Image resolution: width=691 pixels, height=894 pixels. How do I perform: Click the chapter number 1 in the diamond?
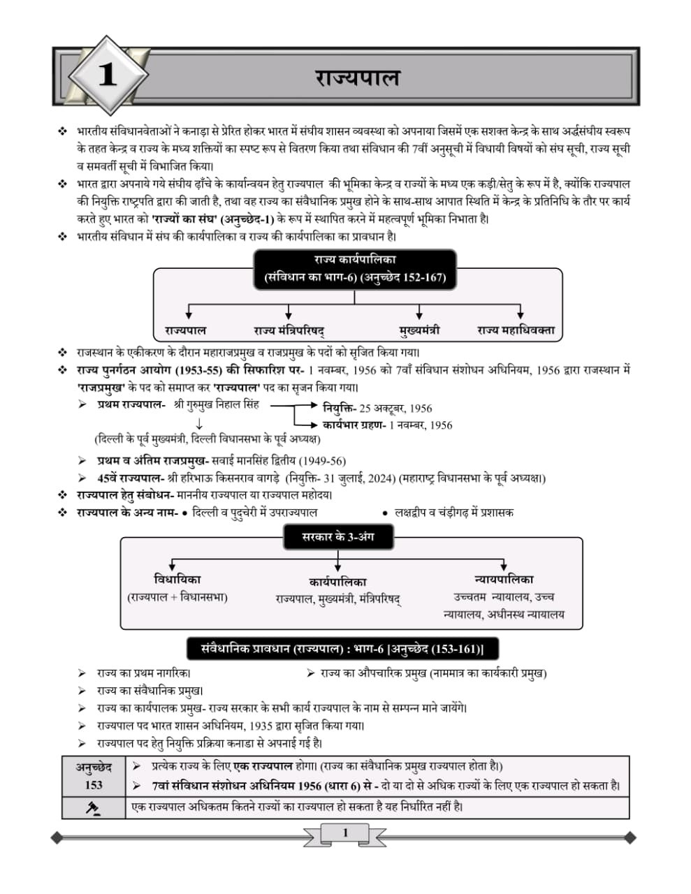(107, 75)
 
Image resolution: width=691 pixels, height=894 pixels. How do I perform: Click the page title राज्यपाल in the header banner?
(357, 77)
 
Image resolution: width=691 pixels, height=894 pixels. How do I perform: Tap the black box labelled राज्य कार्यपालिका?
(354, 269)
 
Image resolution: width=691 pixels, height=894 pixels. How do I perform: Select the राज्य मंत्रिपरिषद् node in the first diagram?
(289, 330)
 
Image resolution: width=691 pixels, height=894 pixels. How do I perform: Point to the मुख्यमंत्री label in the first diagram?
(419, 330)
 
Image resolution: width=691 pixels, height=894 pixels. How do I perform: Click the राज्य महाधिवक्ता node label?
(516, 330)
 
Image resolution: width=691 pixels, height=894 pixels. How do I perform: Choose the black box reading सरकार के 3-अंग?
(337, 537)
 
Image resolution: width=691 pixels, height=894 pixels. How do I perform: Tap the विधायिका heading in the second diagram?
(177, 580)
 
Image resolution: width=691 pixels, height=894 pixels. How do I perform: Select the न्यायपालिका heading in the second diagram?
(503, 580)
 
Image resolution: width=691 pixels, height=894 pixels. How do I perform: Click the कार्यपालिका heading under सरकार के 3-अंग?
(337, 582)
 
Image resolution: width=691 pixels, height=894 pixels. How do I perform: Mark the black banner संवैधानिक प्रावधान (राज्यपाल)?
(335, 649)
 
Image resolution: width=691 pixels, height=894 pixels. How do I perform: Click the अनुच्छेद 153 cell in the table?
(94, 776)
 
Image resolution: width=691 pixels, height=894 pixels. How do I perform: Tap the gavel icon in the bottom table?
(93, 808)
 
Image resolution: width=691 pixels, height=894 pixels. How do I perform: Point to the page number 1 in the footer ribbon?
(345, 833)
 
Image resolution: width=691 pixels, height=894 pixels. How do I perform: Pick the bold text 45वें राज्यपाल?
(131, 478)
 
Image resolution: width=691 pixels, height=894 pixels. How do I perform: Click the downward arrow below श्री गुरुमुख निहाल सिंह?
(199, 424)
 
